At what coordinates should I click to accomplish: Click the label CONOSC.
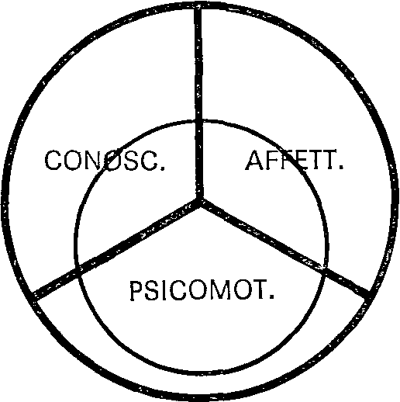point(105,161)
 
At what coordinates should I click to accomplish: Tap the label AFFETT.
point(295,160)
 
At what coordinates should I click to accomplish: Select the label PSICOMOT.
point(202,290)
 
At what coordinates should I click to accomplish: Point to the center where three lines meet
point(199,199)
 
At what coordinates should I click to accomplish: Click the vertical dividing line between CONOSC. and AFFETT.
point(198,103)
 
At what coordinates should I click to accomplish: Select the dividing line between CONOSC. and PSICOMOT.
point(116,248)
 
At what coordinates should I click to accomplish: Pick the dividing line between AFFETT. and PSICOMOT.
point(284,248)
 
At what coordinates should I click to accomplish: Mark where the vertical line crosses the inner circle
point(198,122)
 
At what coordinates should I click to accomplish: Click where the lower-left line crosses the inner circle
point(78,269)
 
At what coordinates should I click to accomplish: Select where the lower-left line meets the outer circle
point(33,296)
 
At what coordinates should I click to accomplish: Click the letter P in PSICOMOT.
point(136,290)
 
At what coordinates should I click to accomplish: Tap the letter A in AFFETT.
point(255,160)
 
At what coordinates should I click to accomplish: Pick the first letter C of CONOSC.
point(53,161)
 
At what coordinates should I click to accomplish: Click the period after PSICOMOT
point(271,296)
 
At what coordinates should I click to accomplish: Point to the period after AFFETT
point(341,167)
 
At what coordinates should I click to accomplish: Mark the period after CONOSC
point(162,168)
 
